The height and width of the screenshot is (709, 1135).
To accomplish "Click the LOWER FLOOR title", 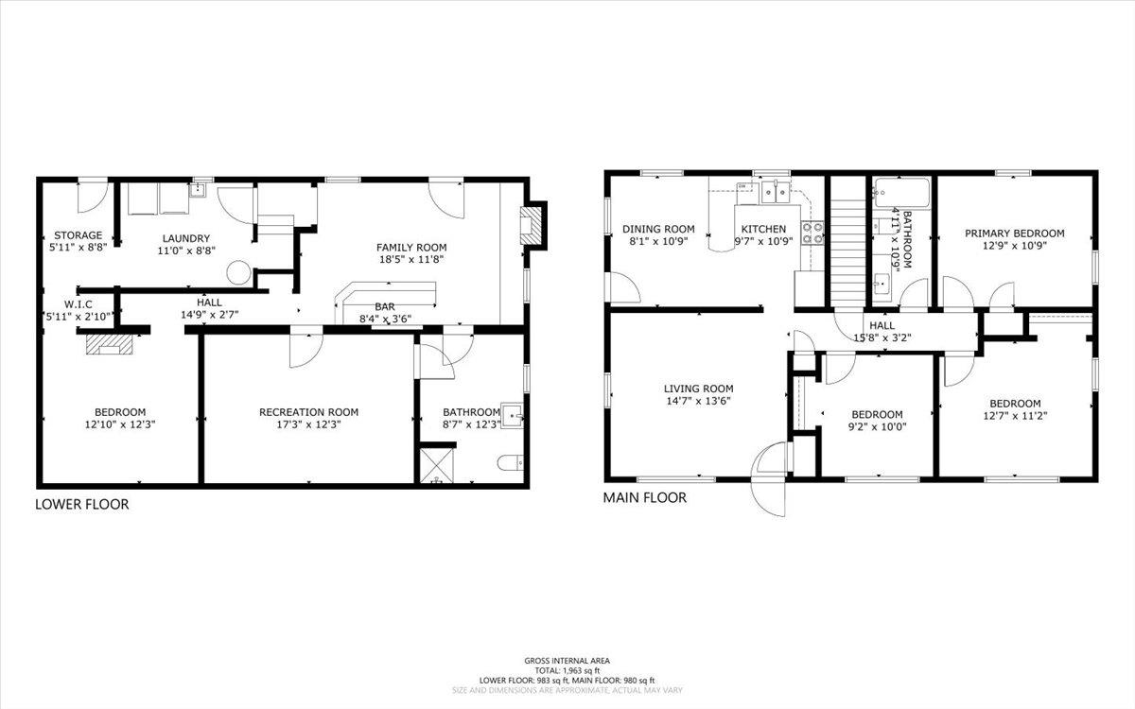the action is tap(82, 504).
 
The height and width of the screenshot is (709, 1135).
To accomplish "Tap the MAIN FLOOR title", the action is tap(644, 497).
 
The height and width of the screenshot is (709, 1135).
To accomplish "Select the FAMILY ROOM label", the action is tap(411, 248).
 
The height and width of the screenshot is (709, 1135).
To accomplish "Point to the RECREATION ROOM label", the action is tap(308, 412).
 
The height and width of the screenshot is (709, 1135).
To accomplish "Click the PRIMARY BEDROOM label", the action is tap(1014, 233).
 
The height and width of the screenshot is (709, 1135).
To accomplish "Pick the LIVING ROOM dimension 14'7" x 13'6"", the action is tap(699, 401).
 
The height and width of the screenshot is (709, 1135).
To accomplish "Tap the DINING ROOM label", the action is tap(658, 229).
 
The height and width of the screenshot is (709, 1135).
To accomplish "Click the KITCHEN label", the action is tap(763, 229).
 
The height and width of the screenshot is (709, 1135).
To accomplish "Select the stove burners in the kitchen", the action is tap(812, 233).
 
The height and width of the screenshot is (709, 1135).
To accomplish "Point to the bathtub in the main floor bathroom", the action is tap(902, 193).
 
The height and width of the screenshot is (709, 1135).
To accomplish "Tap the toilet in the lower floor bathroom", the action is tap(510, 463).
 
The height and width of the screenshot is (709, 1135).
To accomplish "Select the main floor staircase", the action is tap(848, 253).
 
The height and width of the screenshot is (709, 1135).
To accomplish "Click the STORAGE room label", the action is tap(78, 235).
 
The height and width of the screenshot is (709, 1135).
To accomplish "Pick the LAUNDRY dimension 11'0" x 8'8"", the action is tap(186, 251).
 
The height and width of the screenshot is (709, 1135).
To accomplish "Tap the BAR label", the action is tap(385, 307).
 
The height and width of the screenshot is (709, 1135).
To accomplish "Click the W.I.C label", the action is tap(78, 304).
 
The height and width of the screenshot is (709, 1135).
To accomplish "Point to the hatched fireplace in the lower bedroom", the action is tap(109, 344).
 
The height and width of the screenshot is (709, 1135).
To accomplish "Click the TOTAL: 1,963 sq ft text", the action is tap(567, 670).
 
